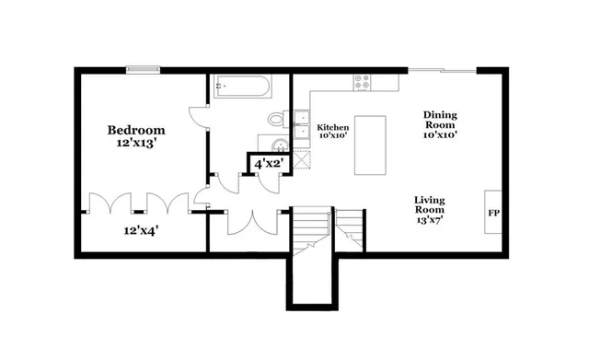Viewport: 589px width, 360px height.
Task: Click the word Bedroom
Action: point(135,131)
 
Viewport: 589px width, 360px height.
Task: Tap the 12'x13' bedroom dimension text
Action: point(135,145)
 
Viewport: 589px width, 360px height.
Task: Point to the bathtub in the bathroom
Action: point(242,88)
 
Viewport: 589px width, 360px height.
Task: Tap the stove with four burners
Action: point(364,84)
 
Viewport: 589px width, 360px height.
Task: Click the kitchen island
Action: point(370,145)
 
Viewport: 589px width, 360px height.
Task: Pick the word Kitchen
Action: point(332,127)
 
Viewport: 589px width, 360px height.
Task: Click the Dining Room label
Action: point(440,121)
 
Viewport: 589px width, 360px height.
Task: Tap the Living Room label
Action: point(430,205)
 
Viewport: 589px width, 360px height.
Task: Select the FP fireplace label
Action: point(493,212)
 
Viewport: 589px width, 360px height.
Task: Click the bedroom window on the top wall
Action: point(144,68)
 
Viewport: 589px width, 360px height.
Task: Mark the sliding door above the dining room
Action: point(442,69)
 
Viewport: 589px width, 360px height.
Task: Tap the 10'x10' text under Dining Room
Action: point(440,135)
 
